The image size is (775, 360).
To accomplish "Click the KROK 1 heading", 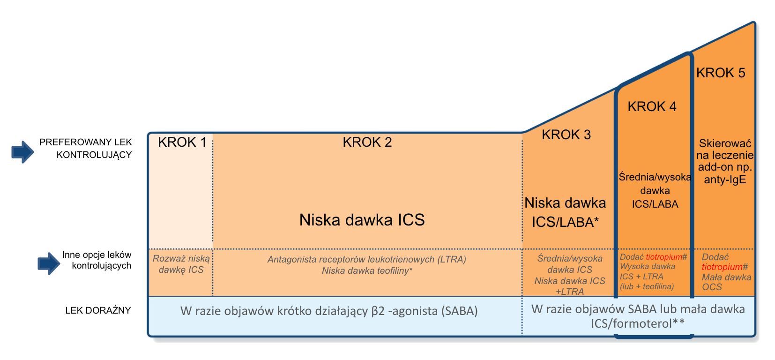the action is tap(182, 142).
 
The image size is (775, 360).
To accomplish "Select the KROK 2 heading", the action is tap(367, 142).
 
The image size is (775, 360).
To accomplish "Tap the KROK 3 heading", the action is tap(566, 135).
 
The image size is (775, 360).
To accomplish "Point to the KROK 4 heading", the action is tap(652, 106).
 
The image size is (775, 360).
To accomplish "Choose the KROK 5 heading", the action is tap(721, 73).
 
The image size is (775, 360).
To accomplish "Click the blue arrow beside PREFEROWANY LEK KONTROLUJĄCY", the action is tap(23, 152).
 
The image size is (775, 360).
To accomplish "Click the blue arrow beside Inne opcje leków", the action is tap(49, 263).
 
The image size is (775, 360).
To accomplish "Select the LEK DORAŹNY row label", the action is tap(98, 310).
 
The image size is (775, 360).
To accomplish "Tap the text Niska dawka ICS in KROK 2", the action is tap(362, 220).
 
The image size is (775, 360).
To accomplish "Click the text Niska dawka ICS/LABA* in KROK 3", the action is tap(566, 212).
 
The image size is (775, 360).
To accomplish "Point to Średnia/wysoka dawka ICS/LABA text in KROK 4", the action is tap(655, 191).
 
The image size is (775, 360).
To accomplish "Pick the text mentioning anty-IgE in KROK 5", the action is tap(725, 161).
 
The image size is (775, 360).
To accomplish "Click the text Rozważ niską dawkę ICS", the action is tap(181, 264).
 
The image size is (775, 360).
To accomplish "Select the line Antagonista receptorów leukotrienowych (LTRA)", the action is tap(367, 259).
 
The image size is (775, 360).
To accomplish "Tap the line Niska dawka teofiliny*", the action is tap(367, 270).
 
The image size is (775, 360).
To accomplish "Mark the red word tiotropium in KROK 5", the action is tap(722, 267).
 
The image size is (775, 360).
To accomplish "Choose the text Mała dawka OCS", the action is tap(726, 282).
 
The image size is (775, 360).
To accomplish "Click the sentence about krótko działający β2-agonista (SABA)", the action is tap(329, 311).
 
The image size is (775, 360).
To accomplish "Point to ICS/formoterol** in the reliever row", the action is tap(637, 323).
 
